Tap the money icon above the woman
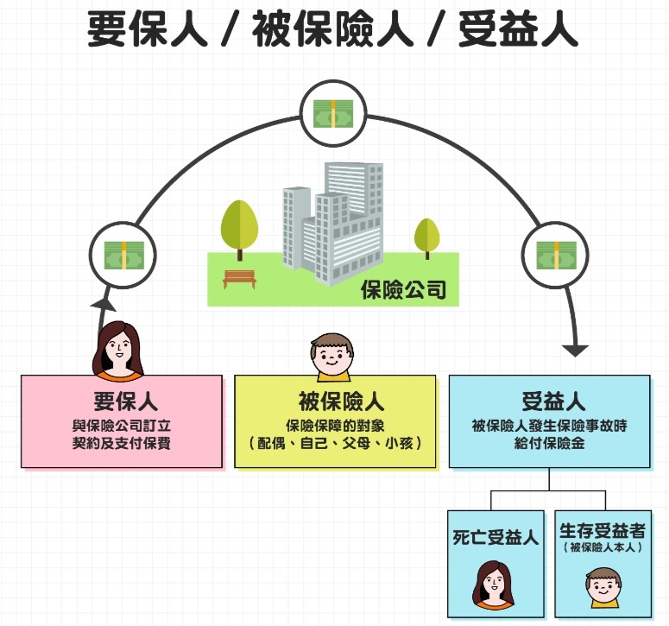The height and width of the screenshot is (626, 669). [x=122, y=255]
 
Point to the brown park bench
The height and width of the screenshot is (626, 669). [x=240, y=278]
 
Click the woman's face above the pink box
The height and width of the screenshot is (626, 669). [x=118, y=351]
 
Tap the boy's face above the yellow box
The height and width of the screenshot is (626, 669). [x=331, y=356]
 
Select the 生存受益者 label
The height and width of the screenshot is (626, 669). [x=602, y=530]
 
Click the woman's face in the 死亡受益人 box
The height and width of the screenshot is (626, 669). [x=493, y=585]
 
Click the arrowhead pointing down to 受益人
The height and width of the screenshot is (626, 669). [x=574, y=350]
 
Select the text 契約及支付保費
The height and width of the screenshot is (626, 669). [x=122, y=443]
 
